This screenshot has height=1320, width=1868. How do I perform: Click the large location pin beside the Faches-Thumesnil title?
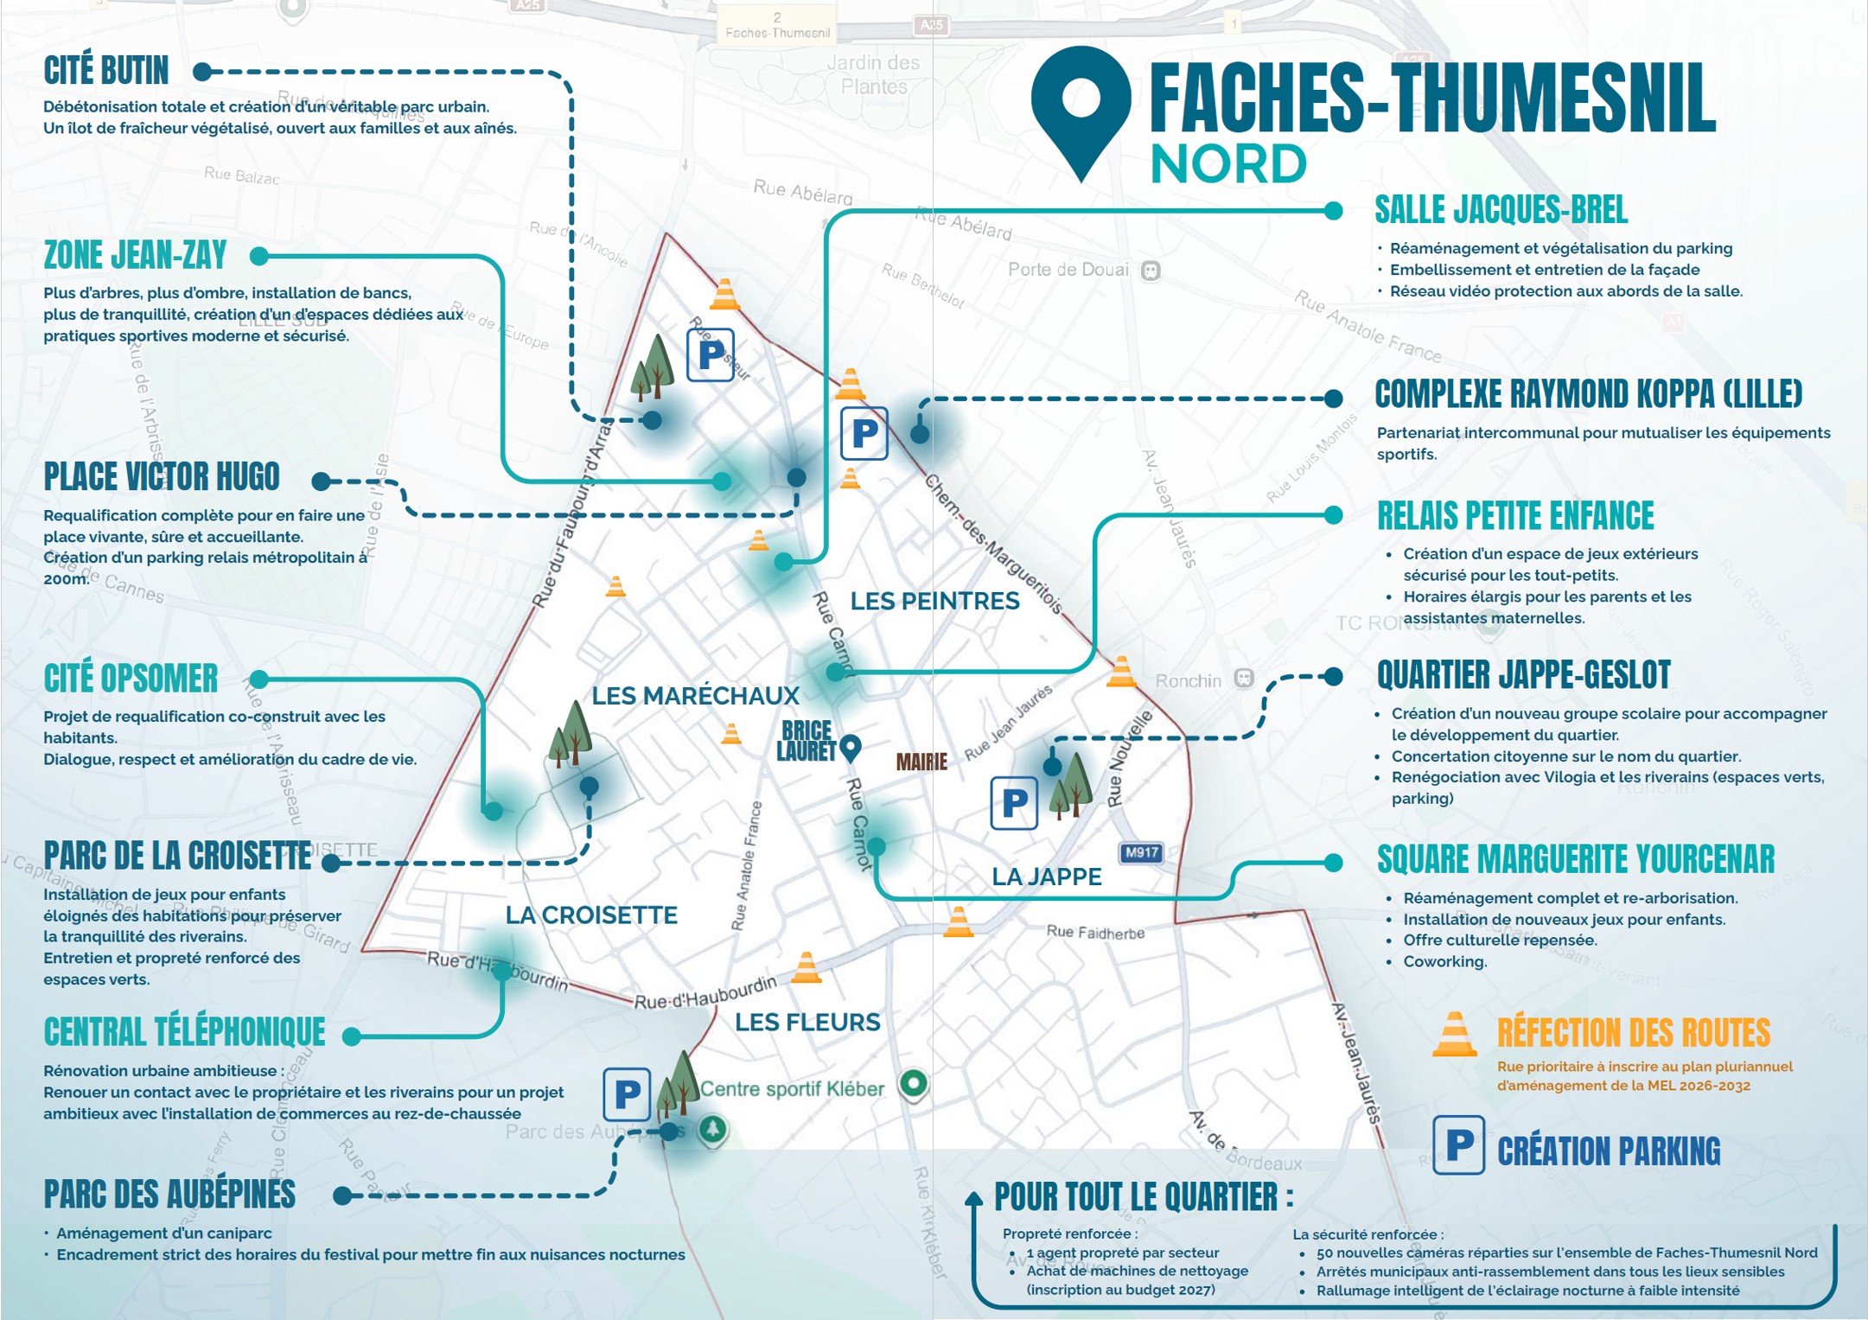(1081, 108)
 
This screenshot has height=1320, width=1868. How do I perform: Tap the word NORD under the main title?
(1227, 164)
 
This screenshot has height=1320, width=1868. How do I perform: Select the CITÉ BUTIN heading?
(105, 71)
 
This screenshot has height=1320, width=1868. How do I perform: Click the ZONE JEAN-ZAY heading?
(135, 255)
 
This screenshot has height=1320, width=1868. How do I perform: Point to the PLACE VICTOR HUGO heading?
(162, 476)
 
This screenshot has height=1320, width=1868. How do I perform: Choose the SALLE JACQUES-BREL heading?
(1501, 210)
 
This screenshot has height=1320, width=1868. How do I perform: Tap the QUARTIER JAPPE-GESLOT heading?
(1523, 675)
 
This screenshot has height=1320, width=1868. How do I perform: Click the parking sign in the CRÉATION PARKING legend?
(1459, 1145)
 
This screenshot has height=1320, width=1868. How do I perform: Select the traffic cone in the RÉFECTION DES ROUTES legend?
(1455, 1035)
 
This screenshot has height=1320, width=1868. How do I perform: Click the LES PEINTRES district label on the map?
(934, 601)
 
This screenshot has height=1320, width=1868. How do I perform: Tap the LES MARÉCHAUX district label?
(695, 696)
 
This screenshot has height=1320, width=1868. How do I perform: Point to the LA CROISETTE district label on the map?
(591, 915)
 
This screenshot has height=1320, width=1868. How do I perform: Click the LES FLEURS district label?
(807, 1023)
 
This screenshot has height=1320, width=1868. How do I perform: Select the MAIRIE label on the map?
(921, 762)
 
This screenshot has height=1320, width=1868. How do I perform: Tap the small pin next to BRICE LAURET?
(851, 747)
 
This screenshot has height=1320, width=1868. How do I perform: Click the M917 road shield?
(1141, 852)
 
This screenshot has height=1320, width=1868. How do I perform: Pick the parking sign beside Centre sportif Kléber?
(627, 1094)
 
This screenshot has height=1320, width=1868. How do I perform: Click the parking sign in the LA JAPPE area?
(1014, 803)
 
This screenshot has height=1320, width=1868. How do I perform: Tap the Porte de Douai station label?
(1068, 270)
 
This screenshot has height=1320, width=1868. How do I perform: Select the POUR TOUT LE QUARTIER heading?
(1143, 1197)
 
